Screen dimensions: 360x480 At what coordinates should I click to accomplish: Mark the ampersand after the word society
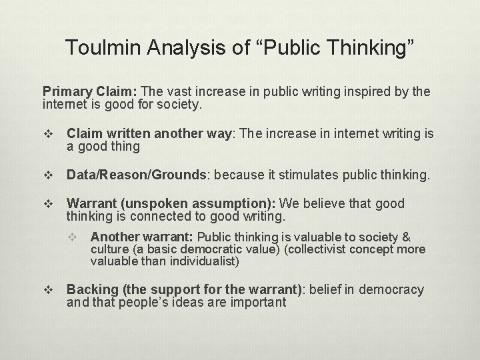pos(406,237)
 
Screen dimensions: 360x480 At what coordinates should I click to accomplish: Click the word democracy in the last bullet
pos(399,289)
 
